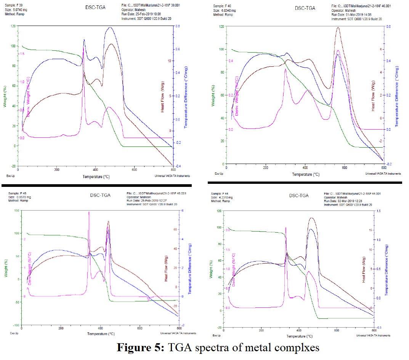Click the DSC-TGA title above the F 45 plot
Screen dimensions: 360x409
pyautogui.click(x=100, y=195)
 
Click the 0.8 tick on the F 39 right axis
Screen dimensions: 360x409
pyautogui.click(x=178, y=26)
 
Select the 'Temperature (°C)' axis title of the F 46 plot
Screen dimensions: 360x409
pyautogui.click(x=306, y=174)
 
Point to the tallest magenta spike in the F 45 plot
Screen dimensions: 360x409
pyautogui.click(x=89, y=212)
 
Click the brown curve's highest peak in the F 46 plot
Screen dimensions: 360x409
pyautogui.click(x=338, y=27)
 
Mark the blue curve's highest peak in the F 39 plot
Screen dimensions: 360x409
pyautogui.click(x=110, y=27)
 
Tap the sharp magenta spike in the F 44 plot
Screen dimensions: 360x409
pyautogui.click(x=286, y=228)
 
